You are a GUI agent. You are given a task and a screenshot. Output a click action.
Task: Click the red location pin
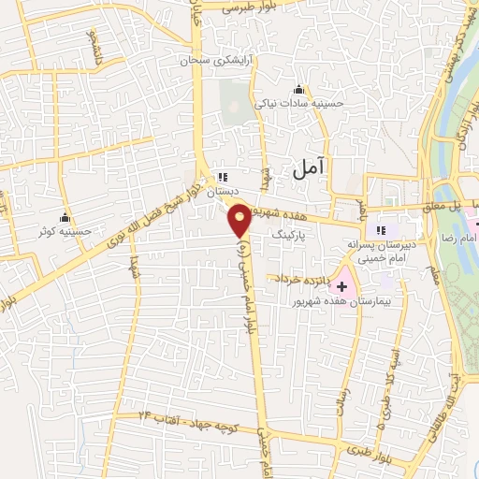240,222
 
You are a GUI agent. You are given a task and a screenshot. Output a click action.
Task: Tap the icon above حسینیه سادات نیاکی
299,89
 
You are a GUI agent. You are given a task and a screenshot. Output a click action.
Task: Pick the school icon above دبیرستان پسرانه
380,230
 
